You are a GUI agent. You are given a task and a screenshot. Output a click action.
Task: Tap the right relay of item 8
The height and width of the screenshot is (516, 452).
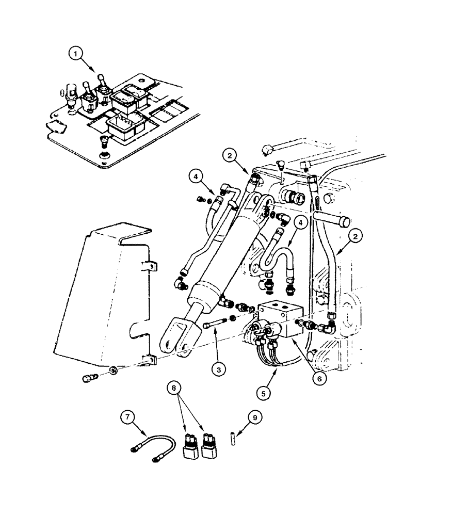click(210, 447)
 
